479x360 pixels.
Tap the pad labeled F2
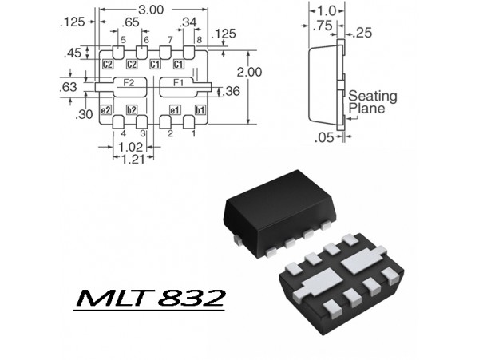(128, 83)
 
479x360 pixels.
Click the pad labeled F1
(178, 83)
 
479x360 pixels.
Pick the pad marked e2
(105, 109)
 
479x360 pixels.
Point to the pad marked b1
(200, 109)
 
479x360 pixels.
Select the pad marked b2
(132, 109)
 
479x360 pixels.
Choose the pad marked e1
(174, 109)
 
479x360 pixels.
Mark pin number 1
(192, 133)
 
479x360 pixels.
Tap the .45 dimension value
(72, 53)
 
